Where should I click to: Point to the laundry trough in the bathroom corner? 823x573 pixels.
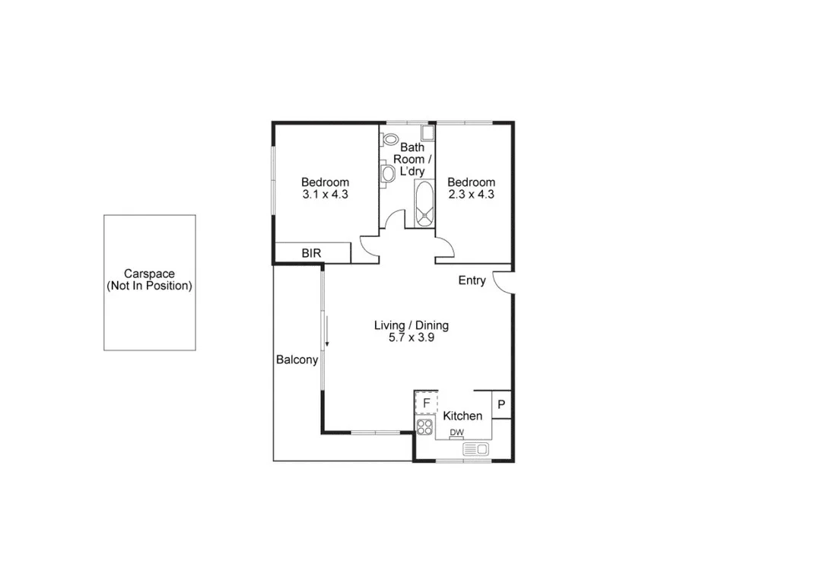click(427, 133)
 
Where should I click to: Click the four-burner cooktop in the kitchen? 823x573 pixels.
click(424, 426)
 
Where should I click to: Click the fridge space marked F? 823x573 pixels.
click(426, 402)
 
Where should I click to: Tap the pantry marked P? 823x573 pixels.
click(501, 405)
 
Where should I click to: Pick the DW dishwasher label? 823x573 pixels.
click(456, 433)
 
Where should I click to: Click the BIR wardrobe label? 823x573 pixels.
click(311, 253)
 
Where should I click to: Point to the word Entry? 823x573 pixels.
click(472, 280)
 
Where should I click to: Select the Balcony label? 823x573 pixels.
click(297, 360)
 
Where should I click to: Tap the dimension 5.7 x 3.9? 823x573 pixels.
click(411, 338)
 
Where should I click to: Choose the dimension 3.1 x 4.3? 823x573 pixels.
click(325, 194)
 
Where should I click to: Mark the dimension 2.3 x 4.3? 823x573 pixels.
click(471, 194)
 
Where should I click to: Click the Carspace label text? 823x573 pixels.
click(149, 280)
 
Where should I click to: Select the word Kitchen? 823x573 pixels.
click(462, 416)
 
